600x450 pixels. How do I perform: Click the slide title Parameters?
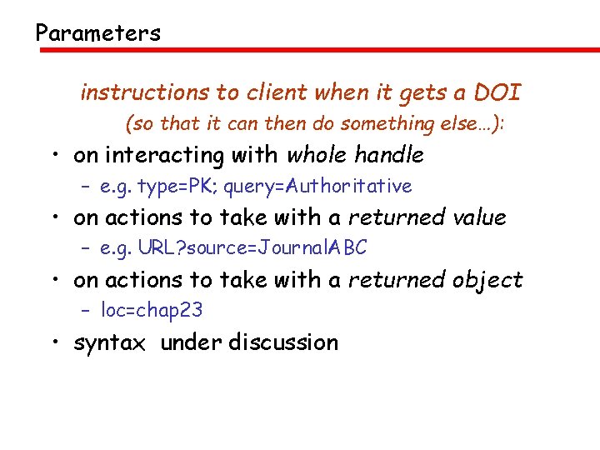(97, 33)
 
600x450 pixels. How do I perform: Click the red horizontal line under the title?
(320, 51)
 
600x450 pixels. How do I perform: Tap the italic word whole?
(317, 155)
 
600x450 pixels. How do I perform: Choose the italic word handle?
(389, 155)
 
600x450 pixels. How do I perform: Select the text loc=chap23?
(151, 311)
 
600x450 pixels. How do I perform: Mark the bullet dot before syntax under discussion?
(54, 343)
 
